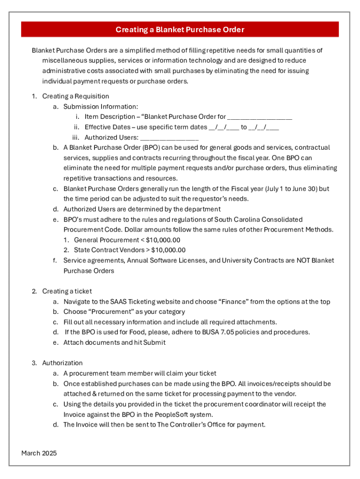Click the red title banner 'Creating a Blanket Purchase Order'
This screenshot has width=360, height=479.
tap(180, 30)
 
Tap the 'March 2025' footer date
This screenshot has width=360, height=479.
tap(39, 453)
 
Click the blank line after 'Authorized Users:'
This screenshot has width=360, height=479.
tap(169, 138)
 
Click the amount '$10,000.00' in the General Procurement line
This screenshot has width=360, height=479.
tap(163, 240)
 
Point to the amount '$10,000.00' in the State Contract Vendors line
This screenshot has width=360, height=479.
tap(168, 250)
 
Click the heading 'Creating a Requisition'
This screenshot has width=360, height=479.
tap(69, 96)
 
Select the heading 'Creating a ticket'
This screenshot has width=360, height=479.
tap(67, 291)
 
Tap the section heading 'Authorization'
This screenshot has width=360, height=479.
tap(62, 363)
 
